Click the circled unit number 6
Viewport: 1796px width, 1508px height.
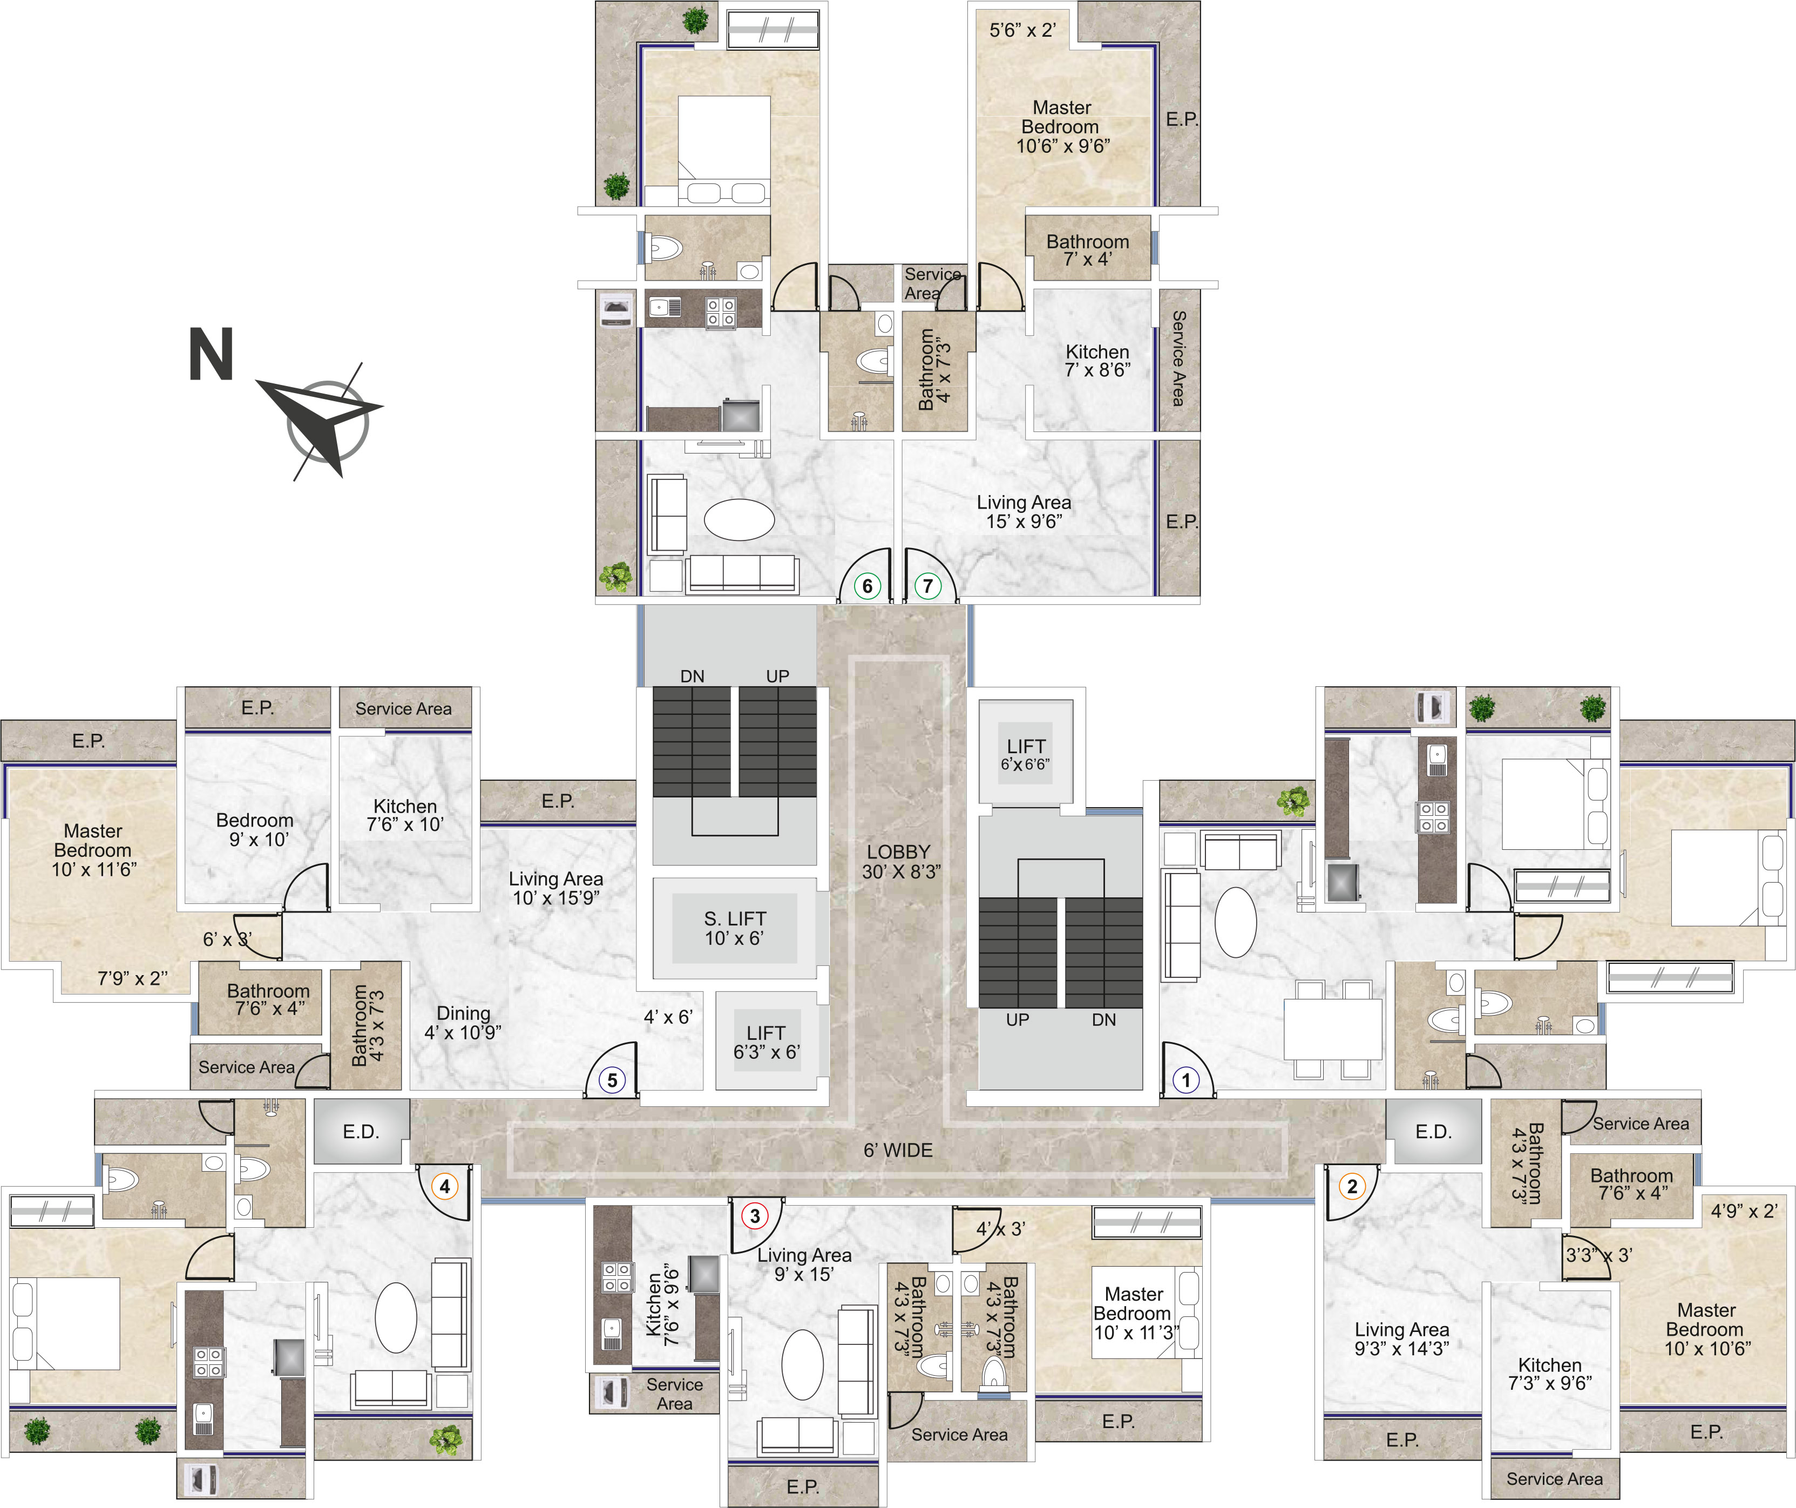click(867, 586)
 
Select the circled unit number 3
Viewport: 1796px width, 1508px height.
click(754, 1215)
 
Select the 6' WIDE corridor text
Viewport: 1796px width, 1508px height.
click(898, 1151)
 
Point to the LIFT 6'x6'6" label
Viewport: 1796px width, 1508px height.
click(1026, 754)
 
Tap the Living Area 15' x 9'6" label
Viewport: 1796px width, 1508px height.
click(1024, 511)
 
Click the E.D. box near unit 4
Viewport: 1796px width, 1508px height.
click(361, 1132)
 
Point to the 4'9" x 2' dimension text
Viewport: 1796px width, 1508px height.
click(1744, 1211)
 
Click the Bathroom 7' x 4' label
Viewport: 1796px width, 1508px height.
click(1088, 250)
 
